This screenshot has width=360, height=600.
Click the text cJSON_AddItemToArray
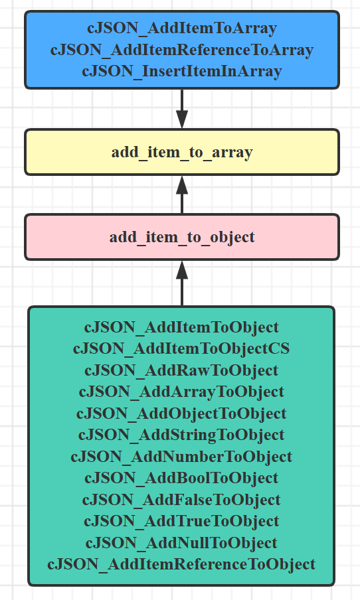click(181, 28)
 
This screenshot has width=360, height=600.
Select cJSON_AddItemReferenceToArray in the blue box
click(181, 50)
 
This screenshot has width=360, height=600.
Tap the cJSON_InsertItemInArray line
click(181, 71)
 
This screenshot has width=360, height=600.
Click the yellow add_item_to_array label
click(181, 152)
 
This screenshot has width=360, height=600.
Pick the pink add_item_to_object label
click(181, 237)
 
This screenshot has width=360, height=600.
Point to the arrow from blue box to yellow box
click(181, 109)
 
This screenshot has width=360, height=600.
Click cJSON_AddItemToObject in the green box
click(181, 327)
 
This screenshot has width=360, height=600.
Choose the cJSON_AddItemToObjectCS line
click(181, 348)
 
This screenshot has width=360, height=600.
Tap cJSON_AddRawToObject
click(181, 370)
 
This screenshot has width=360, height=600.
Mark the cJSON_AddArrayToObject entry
click(181, 392)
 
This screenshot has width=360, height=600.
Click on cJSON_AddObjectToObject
click(181, 413)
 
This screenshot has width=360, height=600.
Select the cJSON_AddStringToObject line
click(181, 435)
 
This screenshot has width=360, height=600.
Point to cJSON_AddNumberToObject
click(181, 457)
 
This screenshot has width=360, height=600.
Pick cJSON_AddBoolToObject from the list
click(181, 478)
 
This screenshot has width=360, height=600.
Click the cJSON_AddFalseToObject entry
click(181, 500)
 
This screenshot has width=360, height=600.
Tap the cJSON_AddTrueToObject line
click(181, 521)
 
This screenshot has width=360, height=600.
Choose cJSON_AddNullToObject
click(181, 542)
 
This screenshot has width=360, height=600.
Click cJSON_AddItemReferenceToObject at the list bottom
click(181, 564)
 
